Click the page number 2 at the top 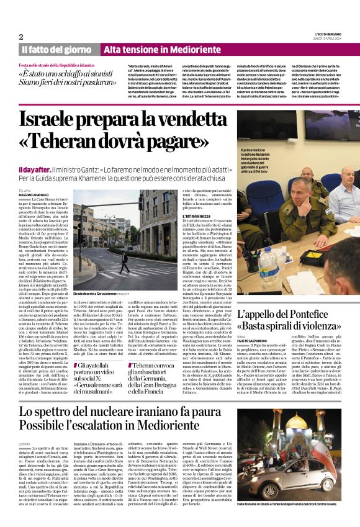pyautogui.click(x=20, y=37)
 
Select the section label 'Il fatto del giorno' pyautogui.click(x=56, y=49)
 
